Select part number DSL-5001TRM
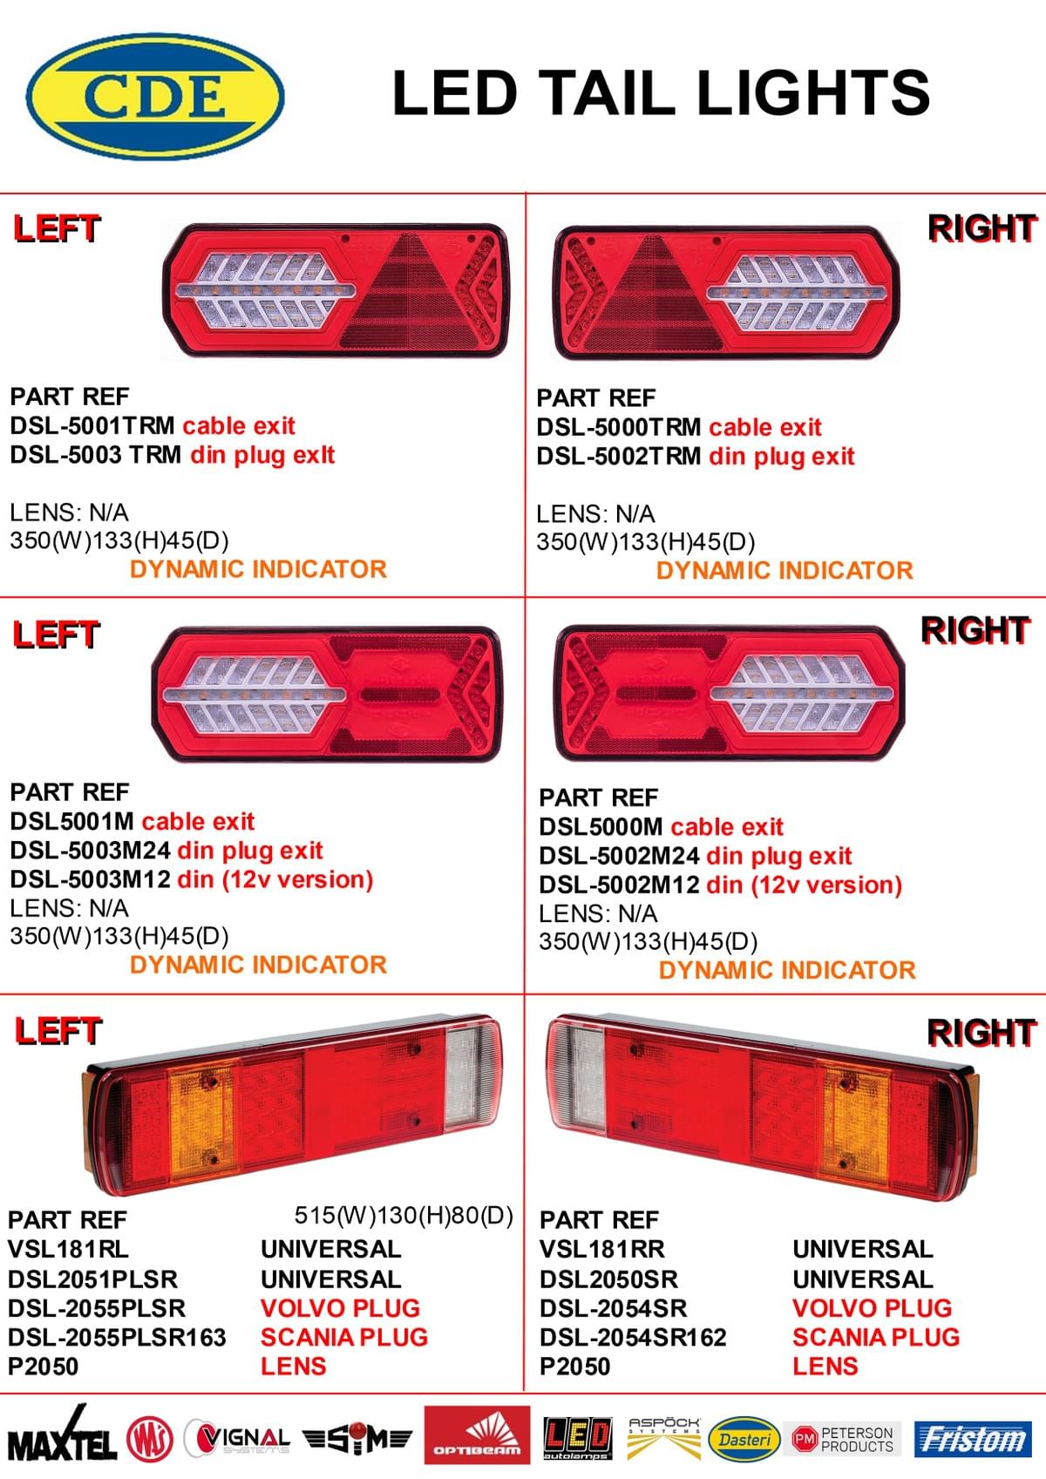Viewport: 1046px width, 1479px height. (92, 425)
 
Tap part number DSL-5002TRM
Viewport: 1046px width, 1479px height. (619, 456)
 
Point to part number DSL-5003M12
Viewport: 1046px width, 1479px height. (91, 879)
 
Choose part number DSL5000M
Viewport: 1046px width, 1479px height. (601, 826)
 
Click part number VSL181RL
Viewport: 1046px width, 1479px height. (68, 1249)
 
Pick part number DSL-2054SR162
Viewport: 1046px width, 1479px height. (633, 1337)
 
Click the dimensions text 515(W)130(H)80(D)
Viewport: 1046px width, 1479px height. (404, 1215)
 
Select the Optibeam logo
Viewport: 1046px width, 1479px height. (477, 1435)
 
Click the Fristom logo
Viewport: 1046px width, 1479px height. (972, 1438)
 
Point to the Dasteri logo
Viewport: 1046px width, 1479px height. (744, 1439)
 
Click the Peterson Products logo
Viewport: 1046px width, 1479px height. (844, 1439)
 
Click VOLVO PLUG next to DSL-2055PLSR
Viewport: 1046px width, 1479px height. (340, 1308)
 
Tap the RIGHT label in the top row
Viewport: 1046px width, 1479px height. (982, 228)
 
